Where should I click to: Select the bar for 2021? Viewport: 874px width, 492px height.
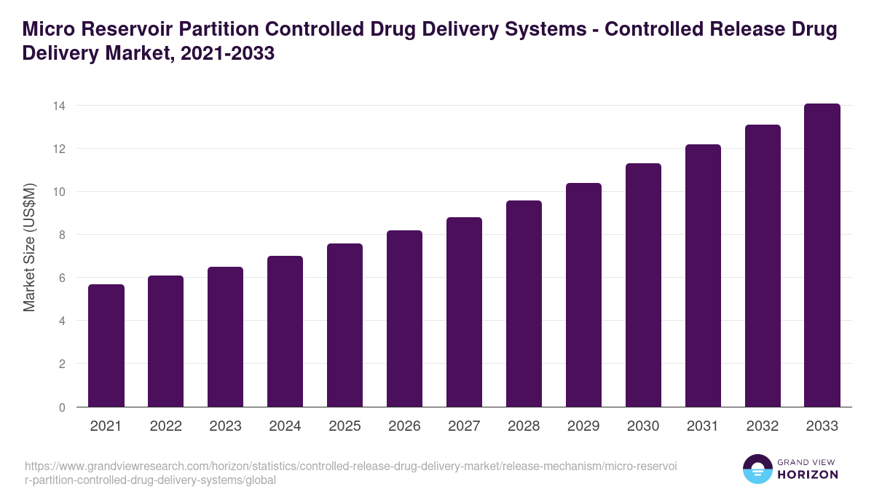point(106,345)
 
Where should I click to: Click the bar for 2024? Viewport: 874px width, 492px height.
point(286,332)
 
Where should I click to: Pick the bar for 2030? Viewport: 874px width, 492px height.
point(644,285)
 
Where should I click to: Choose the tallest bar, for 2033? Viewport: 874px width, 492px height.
point(822,255)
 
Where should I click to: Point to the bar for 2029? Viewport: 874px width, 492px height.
point(584,295)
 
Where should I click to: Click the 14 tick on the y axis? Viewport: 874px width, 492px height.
point(58,106)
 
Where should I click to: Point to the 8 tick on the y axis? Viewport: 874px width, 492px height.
point(61,235)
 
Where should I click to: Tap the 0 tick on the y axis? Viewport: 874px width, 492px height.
point(61,407)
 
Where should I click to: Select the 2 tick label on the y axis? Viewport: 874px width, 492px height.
point(61,364)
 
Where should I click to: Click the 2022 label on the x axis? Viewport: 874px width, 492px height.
point(166,426)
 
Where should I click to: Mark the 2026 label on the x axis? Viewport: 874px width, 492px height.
point(405,426)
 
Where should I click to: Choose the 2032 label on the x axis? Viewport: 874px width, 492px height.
point(763,426)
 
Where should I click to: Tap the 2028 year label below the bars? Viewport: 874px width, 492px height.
point(524,426)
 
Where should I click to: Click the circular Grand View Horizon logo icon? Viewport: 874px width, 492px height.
point(757,469)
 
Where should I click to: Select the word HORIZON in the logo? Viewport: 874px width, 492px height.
point(808,475)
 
